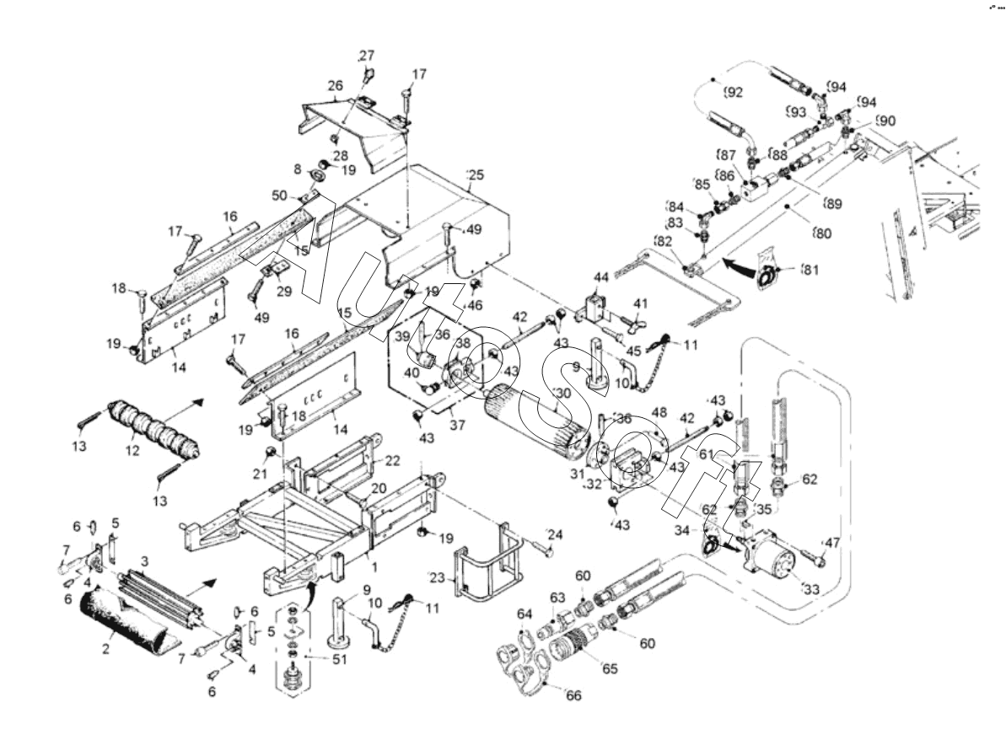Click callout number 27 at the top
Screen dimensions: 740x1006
(366, 56)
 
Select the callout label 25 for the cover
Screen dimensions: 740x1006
(476, 174)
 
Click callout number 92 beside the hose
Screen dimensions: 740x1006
(734, 92)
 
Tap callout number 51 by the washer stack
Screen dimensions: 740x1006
(338, 660)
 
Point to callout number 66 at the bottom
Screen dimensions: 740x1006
(573, 695)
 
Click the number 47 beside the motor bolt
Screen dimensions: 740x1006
(832, 543)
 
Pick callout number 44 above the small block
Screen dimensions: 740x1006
(600, 277)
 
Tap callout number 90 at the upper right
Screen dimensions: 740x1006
(885, 121)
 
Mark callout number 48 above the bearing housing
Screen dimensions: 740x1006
(659, 413)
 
